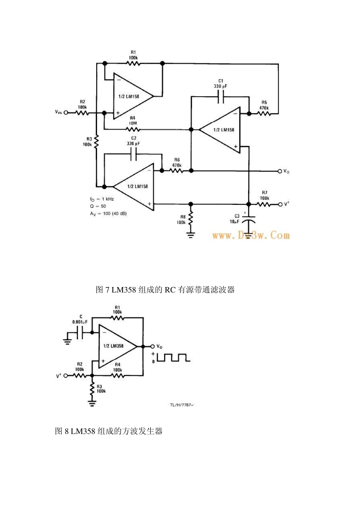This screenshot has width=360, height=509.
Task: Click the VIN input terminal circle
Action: [66, 113]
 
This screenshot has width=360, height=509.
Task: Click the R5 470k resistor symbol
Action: [264, 113]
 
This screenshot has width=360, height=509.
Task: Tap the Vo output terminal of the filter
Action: [280, 171]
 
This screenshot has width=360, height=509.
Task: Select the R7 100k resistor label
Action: [264, 195]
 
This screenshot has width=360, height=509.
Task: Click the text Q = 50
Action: [98, 206]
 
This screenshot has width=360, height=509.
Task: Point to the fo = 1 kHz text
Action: [102, 199]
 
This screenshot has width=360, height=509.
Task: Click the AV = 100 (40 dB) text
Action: [108, 214]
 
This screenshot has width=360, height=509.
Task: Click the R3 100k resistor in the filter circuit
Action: [97, 142]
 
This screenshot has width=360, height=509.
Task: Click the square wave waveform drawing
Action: [172, 357]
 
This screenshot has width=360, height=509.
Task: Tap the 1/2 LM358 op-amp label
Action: [113, 346]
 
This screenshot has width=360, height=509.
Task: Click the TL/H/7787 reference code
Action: [182, 405]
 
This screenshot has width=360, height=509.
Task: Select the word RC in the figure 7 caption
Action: [169, 290]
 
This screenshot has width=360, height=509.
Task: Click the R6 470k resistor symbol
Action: [177, 171]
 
